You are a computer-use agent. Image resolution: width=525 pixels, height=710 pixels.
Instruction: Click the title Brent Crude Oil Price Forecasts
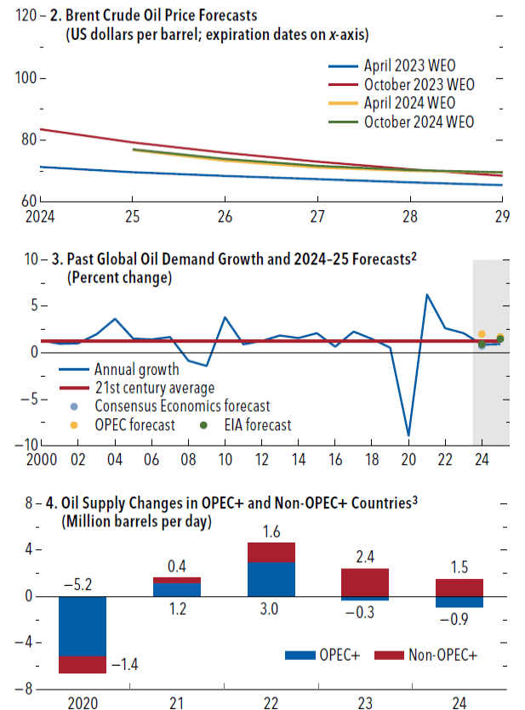click(161, 14)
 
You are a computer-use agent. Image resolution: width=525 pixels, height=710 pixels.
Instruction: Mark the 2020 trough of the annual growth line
click(408, 435)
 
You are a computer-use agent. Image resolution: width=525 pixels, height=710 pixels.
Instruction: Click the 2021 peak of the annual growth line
click(426, 295)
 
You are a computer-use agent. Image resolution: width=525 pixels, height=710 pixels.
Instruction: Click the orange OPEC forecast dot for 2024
click(482, 334)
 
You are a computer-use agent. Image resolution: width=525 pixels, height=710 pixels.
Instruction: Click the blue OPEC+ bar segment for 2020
click(83, 626)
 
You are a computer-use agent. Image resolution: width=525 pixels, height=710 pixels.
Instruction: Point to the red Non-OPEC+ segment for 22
click(271, 552)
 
